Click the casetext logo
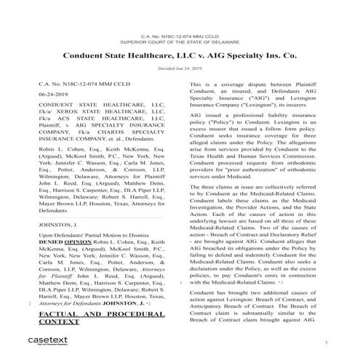[35, 340]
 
